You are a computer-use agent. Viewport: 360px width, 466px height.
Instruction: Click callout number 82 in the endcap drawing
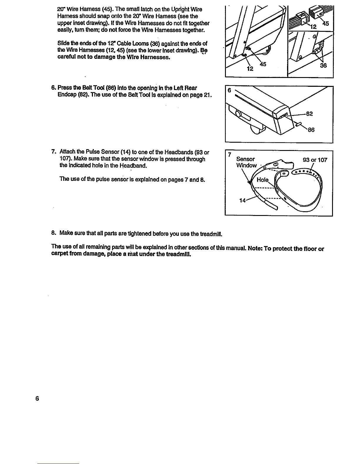coord(309,114)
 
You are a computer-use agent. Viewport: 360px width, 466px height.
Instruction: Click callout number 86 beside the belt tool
coord(311,129)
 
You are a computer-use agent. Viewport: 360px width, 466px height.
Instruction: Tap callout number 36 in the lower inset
coord(323,66)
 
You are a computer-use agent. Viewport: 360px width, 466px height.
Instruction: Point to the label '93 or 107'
coord(315,160)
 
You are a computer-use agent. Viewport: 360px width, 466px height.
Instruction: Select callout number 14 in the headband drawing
coord(243,200)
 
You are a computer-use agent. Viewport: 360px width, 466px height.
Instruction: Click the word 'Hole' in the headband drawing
coord(262,180)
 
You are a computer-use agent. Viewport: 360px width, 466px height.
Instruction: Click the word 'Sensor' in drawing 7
coord(246,159)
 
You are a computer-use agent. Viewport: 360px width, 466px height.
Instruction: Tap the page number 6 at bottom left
coord(37,399)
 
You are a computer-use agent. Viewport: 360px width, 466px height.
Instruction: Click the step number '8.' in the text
coord(53,233)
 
